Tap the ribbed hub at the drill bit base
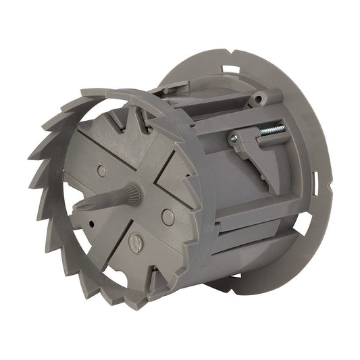click(x=132, y=195)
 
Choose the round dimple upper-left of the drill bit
click(x=101, y=171)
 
